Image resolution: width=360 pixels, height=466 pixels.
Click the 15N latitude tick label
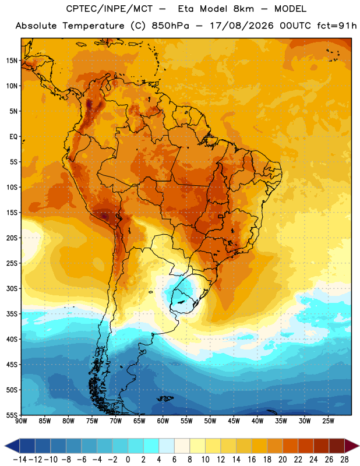click(12, 61)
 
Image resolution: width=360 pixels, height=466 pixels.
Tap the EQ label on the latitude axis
click(13, 137)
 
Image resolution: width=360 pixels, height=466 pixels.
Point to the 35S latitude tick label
click(12, 314)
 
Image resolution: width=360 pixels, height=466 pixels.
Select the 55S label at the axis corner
click(12, 415)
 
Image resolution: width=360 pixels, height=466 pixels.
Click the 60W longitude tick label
click(163, 421)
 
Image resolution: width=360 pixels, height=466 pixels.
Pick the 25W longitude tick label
click(328, 421)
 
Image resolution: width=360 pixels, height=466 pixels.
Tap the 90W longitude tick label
click(21, 421)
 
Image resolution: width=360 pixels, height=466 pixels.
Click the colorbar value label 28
click(344, 460)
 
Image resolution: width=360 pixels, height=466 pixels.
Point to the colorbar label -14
click(20, 460)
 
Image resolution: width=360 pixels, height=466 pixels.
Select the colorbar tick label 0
click(128, 460)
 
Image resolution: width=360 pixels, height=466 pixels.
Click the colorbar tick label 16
click(252, 460)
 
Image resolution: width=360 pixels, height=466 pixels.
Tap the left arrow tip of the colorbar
click(5, 446)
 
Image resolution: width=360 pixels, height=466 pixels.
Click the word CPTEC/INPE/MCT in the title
click(109, 9)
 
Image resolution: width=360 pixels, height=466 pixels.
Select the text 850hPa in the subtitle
click(170, 26)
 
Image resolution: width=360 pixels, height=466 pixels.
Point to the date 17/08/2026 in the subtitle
click(242, 26)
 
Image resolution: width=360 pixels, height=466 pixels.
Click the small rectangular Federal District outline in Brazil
click(221, 216)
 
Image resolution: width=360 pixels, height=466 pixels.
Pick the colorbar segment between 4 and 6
click(167, 446)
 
